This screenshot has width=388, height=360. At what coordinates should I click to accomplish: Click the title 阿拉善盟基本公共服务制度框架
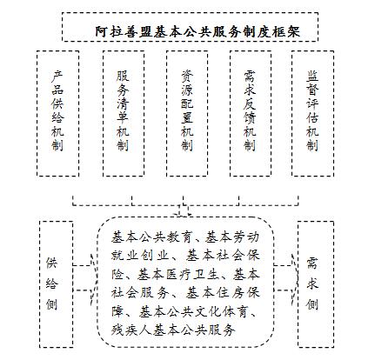tap(197, 31)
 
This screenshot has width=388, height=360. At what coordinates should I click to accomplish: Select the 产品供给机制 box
tap(58, 113)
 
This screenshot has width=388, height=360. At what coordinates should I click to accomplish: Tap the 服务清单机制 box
tap(124, 113)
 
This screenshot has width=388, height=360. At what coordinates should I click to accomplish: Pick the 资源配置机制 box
tap(187, 113)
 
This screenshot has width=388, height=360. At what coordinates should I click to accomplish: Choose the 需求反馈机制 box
tap(251, 113)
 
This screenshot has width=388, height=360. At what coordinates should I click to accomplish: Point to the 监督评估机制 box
tap(312, 113)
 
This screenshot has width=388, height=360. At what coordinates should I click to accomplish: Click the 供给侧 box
tap(56, 284)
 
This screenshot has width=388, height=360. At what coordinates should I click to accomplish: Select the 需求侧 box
tap(316, 284)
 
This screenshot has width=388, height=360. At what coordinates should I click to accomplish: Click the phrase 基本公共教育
tap(151, 237)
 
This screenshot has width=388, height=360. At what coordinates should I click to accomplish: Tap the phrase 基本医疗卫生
tap(178, 274)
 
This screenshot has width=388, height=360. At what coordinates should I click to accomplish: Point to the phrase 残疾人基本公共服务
tap(173, 330)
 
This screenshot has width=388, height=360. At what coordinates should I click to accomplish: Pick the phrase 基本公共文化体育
tap(193, 311)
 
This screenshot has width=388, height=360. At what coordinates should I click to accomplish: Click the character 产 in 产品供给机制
tap(57, 77)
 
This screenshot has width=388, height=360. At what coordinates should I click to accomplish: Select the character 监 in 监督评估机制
tap(312, 76)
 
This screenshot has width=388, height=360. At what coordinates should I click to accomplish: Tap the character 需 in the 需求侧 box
tap(312, 263)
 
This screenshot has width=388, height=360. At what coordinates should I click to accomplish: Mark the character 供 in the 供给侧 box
tap(51, 263)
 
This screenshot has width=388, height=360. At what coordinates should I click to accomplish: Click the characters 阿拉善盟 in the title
tap(124, 31)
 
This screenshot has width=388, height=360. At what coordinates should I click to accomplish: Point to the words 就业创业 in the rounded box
tap(140, 256)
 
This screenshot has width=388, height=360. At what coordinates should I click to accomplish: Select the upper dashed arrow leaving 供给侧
tap(84, 265)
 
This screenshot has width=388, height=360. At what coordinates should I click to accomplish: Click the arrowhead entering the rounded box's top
tap(183, 215)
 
